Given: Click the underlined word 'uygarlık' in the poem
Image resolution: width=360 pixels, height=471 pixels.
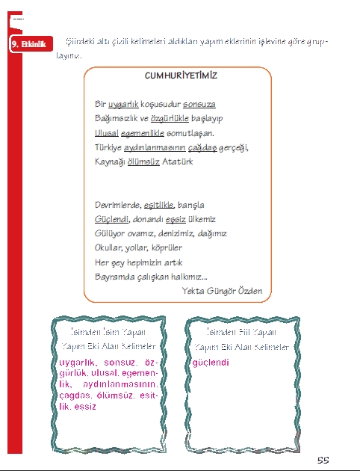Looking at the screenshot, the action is point(124,104).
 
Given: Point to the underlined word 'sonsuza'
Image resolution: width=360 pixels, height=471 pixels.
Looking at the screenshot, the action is point(199,104).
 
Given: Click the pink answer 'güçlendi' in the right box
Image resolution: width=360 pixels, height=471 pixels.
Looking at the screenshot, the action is point(211,363).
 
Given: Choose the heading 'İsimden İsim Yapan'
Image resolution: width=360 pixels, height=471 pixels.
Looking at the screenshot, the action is point(108,331).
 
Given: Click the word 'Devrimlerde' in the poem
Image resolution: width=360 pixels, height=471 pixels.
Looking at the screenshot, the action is point(118,205).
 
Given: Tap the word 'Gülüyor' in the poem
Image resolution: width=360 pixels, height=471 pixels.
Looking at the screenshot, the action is point(111,233).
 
